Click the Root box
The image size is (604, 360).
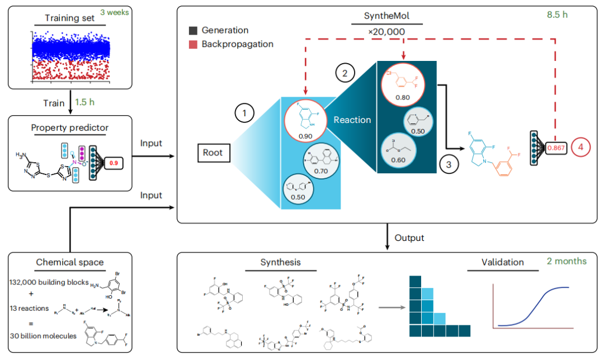coord(213,151)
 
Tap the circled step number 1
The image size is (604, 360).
coord(244,115)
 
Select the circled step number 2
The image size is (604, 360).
coord(345,72)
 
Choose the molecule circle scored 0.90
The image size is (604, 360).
coord(305,121)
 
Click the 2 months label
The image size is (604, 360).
coord(566,261)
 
